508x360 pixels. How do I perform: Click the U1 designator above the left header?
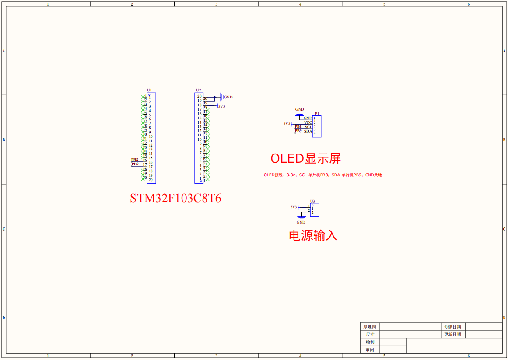click(149, 90)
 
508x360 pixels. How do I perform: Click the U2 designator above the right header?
click(198, 90)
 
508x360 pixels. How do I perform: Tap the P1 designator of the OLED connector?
click(317, 114)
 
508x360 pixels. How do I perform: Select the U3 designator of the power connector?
click(312, 201)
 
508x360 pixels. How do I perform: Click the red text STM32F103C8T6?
click(175, 198)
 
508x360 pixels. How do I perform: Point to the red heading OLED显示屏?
click(305, 158)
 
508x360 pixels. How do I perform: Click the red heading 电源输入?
click(313, 235)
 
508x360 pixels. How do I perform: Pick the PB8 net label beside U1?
click(135, 160)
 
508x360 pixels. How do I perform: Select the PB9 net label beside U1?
click(135, 164)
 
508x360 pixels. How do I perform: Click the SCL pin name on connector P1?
click(308, 127)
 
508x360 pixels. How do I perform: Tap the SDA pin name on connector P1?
click(308, 131)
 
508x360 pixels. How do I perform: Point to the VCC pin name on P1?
click(308, 122)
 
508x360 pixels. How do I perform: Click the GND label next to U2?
click(228, 97)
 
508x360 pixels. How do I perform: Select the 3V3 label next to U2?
click(222, 106)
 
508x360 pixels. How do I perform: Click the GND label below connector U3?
click(301, 222)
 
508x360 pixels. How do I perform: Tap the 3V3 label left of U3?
click(294, 207)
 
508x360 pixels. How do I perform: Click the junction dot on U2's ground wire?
click(214, 97)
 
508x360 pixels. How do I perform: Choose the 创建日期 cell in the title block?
click(452, 327)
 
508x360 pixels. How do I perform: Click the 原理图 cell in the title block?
click(370, 327)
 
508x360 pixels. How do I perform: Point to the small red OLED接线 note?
click(322, 175)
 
